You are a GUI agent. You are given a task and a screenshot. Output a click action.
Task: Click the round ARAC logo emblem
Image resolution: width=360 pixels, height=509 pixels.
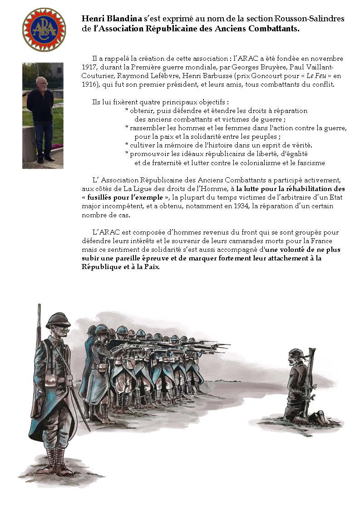point(44,29)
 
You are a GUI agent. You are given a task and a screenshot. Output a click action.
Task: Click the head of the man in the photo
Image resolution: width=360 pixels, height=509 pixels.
point(42,83)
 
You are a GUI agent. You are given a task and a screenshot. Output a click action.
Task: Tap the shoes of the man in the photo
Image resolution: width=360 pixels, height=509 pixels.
point(45,160)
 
